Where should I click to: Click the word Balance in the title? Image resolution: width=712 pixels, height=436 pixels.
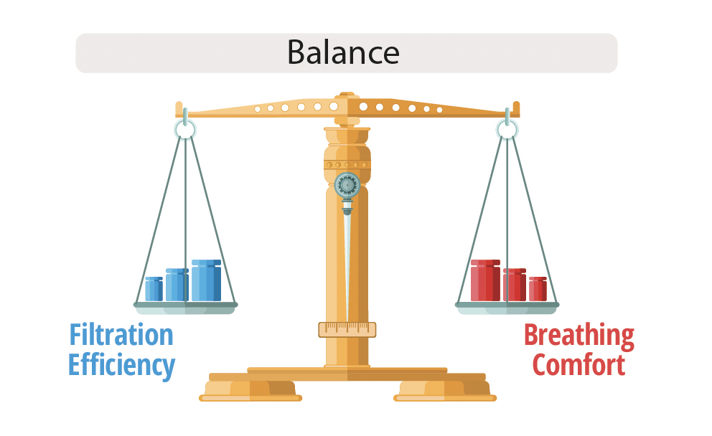click(343, 52)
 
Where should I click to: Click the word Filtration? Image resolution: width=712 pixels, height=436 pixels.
click(121, 335)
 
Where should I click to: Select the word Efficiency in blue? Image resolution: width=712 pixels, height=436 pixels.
click(122, 365)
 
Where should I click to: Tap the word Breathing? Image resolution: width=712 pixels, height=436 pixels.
click(579, 336)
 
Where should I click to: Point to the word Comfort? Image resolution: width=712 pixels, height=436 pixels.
click(579, 365)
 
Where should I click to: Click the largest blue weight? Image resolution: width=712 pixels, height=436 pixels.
click(206, 280)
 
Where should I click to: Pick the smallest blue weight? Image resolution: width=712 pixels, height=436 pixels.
click(154, 289)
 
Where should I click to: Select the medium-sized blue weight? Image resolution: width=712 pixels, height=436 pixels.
click(177, 285)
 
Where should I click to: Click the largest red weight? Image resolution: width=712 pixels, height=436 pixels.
click(485, 280)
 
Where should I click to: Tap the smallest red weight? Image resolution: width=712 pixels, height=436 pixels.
click(538, 289)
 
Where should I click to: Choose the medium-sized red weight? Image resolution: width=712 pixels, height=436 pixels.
click(515, 285)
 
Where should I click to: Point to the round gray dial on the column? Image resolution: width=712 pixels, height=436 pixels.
click(347, 185)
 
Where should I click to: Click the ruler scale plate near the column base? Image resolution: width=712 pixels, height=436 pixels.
click(347, 330)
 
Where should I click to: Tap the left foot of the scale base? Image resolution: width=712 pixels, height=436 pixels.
click(250, 391)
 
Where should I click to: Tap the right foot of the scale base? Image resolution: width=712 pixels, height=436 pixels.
click(445, 391)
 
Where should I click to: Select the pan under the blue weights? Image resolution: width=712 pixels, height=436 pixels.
click(185, 308)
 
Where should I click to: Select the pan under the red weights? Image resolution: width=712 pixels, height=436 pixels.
click(507, 308)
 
